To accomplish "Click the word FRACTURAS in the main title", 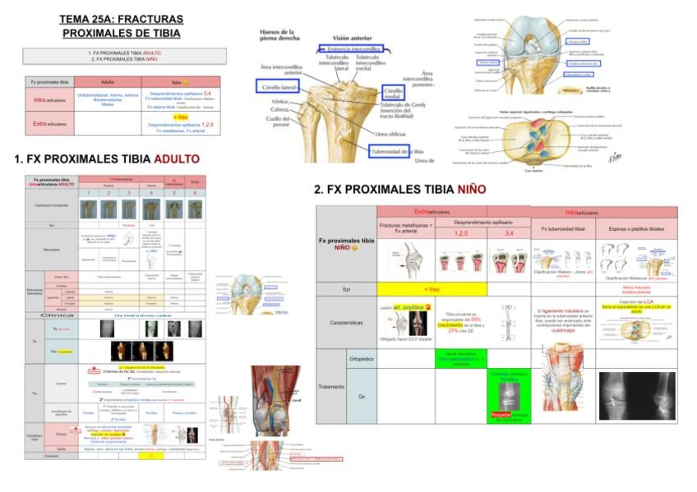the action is click(152, 19).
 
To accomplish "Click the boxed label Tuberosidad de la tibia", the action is click(398, 151).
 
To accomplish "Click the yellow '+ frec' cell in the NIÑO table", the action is click(432, 289).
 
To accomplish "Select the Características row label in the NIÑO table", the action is click(346, 323).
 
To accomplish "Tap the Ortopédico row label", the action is click(361, 359).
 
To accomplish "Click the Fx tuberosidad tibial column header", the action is click(563, 228).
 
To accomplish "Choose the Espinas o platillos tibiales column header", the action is click(635, 228).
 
